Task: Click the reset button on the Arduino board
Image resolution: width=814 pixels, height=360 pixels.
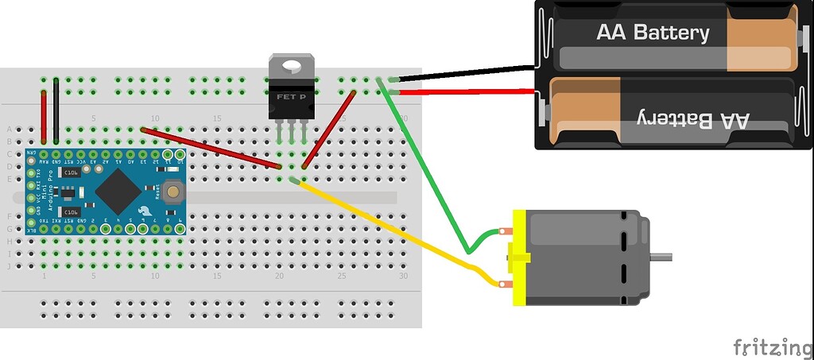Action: (172, 192)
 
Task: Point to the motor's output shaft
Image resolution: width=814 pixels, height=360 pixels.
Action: (661, 256)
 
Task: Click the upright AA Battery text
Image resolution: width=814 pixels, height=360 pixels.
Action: (653, 33)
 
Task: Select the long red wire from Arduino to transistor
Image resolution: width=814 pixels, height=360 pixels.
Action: (211, 148)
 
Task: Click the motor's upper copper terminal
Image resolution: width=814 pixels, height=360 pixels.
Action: (506, 232)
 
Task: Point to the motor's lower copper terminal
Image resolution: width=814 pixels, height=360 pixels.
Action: (504, 284)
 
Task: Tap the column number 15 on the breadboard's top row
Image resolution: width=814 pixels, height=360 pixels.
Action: (217, 118)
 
